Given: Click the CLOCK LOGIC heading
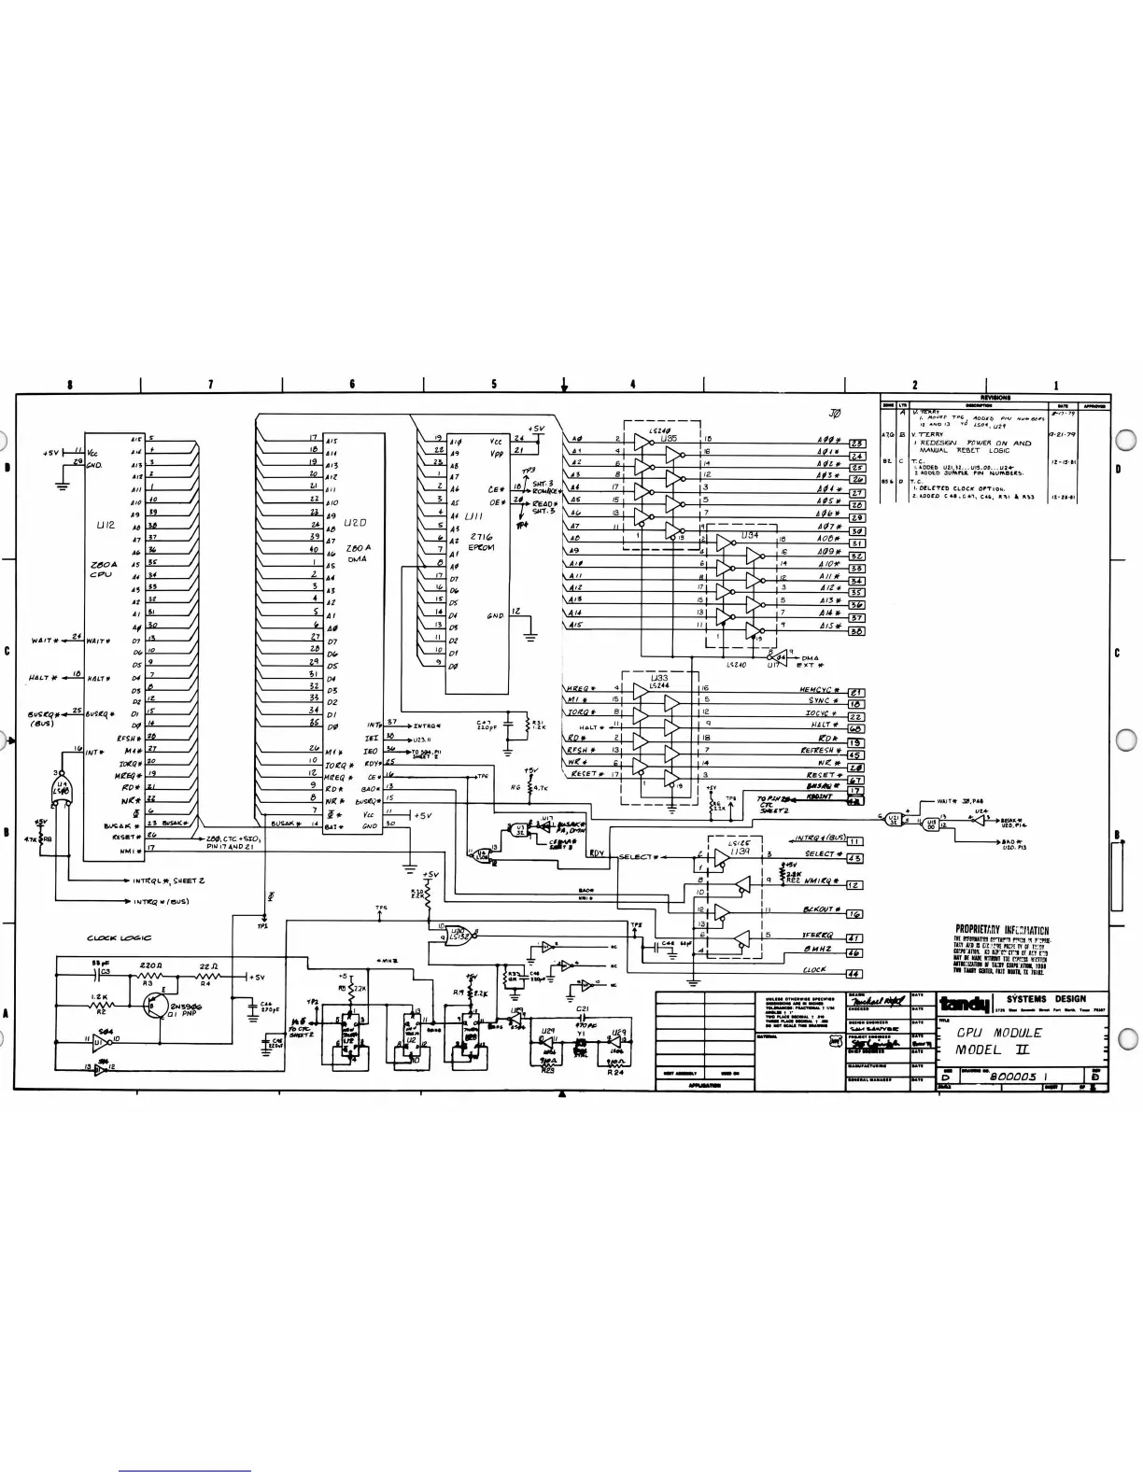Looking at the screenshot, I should point(120,938).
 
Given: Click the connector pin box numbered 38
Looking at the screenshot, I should point(855,631).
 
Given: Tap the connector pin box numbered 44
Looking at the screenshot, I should point(854,974).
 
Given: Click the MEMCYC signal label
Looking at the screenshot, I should point(821,690).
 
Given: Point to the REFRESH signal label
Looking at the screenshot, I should point(822,751).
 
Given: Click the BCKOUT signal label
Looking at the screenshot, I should point(822,909).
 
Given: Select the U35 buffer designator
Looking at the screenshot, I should point(667,437).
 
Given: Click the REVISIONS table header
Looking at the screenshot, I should point(995,397).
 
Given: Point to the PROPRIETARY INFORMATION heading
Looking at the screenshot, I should point(1001,931).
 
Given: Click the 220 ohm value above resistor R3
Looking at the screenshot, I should point(152,965).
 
